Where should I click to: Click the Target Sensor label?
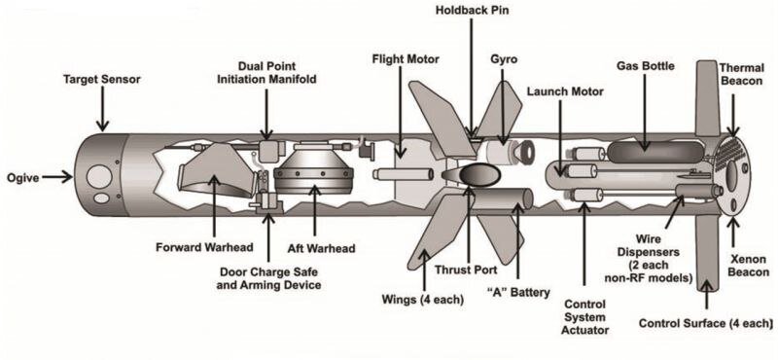[102, 79]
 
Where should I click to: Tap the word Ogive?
[22, 177]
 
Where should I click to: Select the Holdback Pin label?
[472, 10]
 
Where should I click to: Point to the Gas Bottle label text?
[646, 65]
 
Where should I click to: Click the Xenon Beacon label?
[749, 266]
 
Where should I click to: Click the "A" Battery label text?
[518, 293]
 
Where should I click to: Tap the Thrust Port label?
[466, 270]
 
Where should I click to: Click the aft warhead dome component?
[313, 170]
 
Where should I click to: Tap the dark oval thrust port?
[477, 175]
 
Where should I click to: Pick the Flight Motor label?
[406, 59]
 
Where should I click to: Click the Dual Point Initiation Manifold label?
[266, 73]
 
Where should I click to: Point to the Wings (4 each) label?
[423, 300]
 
